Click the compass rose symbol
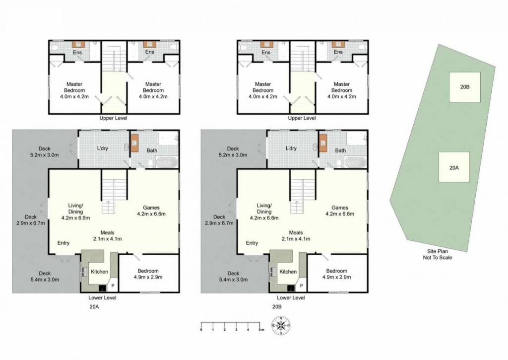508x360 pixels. coord(281,325)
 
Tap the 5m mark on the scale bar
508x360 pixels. coord(259,325)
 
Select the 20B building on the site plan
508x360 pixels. coord(464,87)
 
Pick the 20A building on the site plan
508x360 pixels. coord(454,167)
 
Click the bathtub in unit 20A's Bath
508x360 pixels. coord(167,162)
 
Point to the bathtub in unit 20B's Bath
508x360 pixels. coord(355,162)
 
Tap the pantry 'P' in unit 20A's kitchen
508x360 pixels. coord(113,286)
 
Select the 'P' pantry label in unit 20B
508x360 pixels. coord(301,286)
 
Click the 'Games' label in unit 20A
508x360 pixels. coord(151,208)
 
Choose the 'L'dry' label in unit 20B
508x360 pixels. coord(291,148)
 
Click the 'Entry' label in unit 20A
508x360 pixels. coord(63,243)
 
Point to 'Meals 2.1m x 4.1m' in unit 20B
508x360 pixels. coord(296,236)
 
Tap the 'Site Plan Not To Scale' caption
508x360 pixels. coord(438,254)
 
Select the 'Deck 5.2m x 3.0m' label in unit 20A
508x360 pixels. coord(44,152)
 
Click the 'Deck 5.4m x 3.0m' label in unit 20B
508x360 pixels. coord(233,276)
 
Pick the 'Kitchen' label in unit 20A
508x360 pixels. coord(99,272)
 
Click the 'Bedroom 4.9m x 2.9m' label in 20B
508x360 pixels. coord(337,274)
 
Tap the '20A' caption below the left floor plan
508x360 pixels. coord(94,306)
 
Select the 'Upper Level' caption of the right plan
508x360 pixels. coord(302,118)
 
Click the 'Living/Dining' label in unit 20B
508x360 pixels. coord(264,209)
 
